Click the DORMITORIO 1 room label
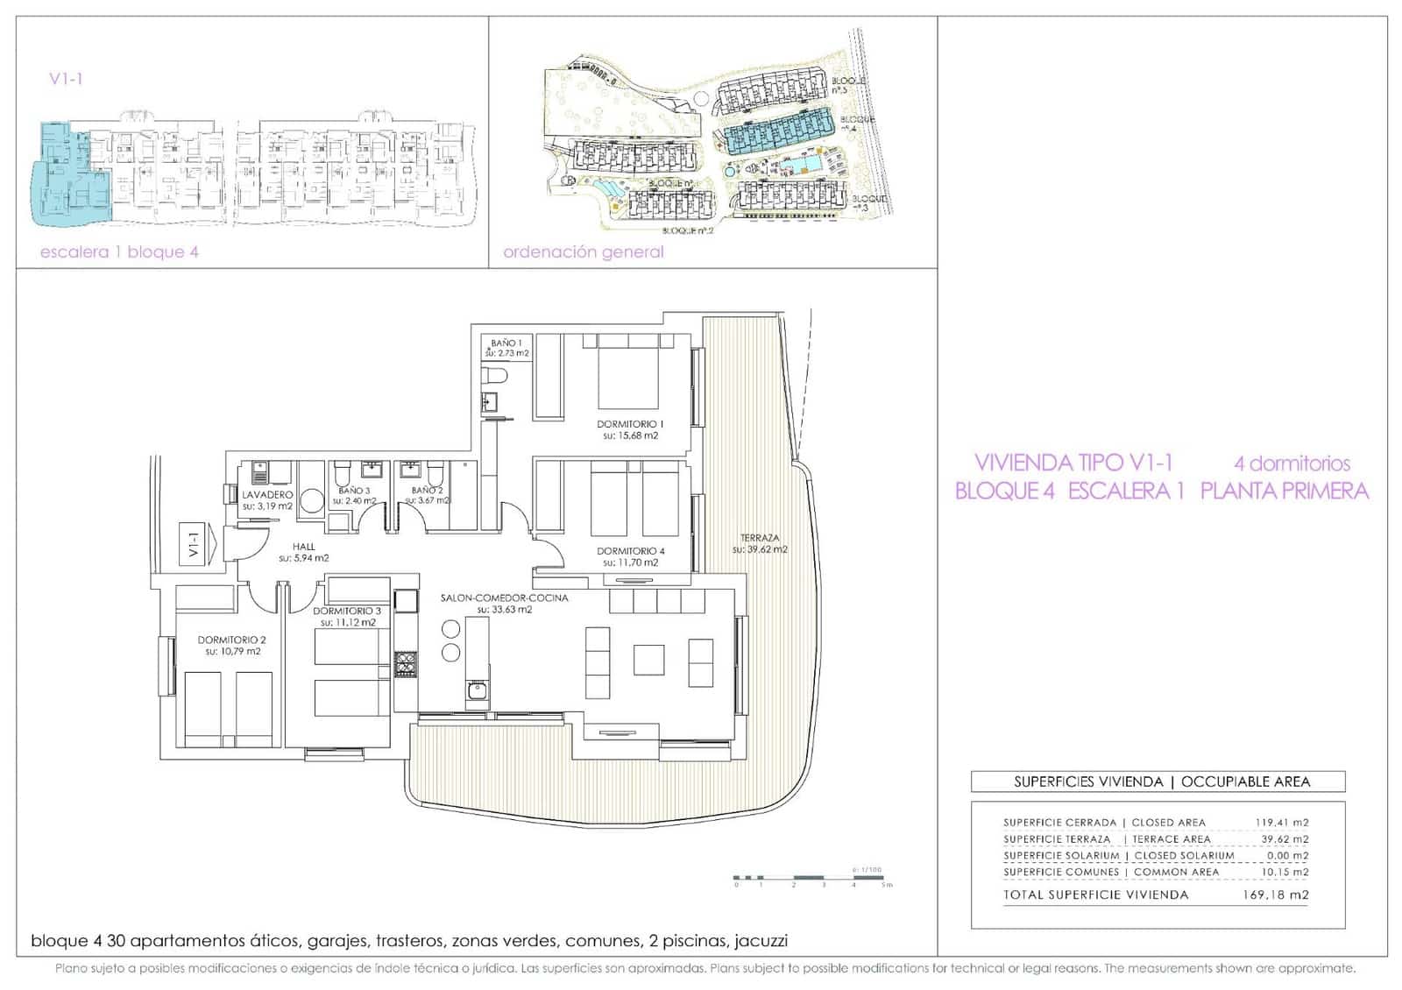coord(630,424)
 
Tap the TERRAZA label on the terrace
coord(759,538)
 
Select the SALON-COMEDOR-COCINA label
coord(504,598)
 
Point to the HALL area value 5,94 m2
coord(304,558)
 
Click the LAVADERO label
coord(267,495)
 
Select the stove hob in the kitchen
coord(405,663)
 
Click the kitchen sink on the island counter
coord(477,690)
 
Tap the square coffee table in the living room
coord(649,659)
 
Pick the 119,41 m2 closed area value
coord(1281,823)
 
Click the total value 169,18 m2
coord(1275,895)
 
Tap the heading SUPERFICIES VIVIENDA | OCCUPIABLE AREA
coord(1162,781)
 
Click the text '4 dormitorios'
coord(1292,463)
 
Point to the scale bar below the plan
coord(811,878)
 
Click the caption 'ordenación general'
coord(584,252)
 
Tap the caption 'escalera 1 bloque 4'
coord(119,252)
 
